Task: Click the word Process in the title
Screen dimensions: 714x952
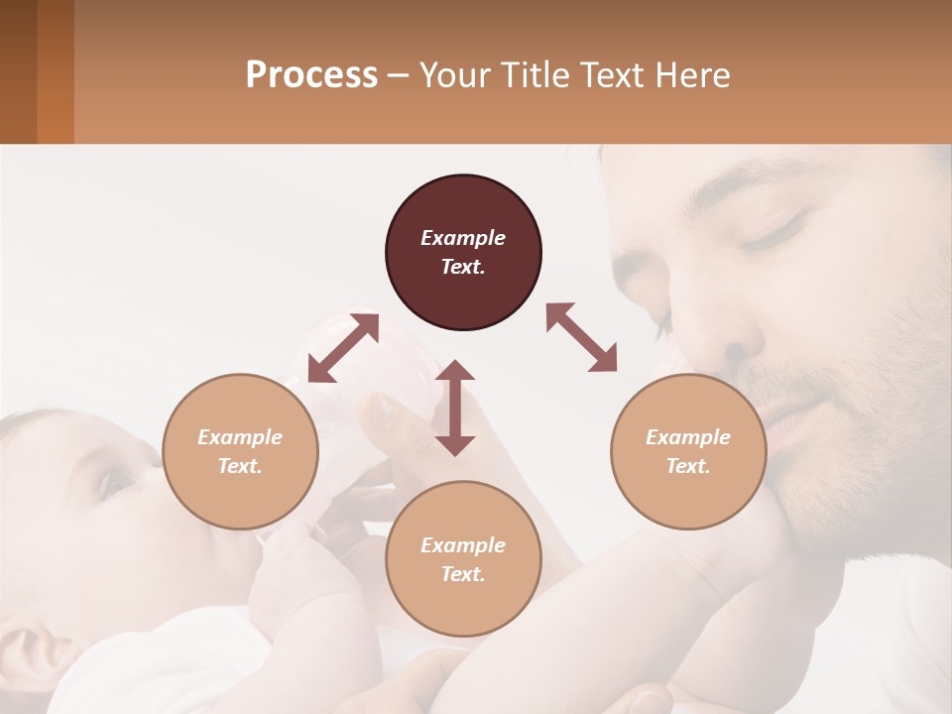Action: [311, 75]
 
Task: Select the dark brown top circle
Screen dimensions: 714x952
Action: [463, 253]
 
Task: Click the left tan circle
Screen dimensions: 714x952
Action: [240, 451]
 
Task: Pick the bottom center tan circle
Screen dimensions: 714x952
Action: [463, 559]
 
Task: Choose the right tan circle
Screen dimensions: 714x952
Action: [688, 451]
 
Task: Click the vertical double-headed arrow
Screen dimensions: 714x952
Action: [455, 408]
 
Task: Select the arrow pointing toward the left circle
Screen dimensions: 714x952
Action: [343, 348]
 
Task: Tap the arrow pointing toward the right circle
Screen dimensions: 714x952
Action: [581, 337]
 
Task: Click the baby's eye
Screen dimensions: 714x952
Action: [112, 483]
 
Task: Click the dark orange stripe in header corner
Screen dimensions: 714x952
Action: [56, 71]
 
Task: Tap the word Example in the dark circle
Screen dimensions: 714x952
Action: [463, 238]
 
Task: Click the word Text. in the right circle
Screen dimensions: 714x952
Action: [688, 466]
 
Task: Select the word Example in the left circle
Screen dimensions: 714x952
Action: [240, 437]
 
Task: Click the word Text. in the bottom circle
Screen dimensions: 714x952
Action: [463, 574]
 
